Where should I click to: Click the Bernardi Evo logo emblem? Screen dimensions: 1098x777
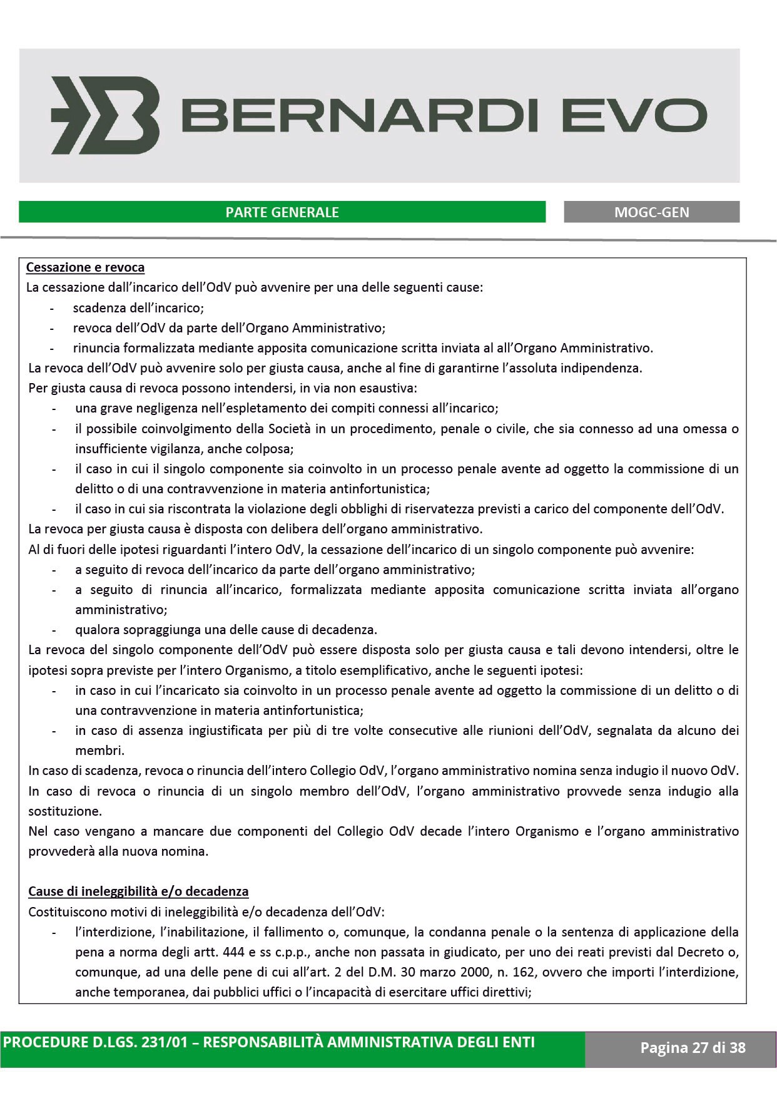point(105,116)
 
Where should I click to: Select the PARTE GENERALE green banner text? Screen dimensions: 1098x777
point(282,212)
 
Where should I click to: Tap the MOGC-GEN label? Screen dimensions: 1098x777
point(651,212)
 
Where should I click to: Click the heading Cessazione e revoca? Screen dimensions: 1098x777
point(85,268)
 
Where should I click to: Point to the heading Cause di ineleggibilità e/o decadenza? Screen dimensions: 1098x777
point(138,891)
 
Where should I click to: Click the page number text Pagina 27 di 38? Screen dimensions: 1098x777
point(693,1048)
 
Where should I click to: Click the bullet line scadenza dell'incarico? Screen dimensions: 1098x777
point(138,308)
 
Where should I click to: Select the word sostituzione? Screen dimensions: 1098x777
point(64,811)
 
